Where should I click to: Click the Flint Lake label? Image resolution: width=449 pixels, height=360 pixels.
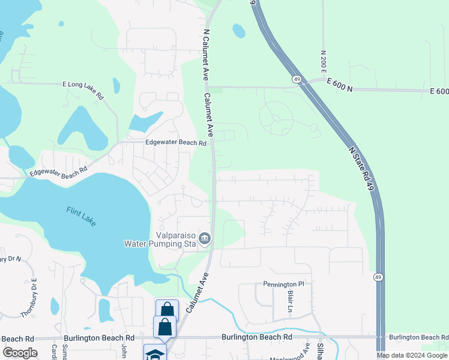pos(81,216)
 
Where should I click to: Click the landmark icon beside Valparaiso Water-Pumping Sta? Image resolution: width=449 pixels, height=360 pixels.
pos(205,239)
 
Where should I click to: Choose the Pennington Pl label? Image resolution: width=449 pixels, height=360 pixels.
pos(284,284)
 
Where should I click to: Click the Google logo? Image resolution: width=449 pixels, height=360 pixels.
pos(20,353)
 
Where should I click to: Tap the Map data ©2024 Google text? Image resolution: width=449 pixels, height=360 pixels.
pos(412,355)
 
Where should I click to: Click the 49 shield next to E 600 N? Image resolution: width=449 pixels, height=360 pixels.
pos(297,79)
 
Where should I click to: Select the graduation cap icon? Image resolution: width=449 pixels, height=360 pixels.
pos(154,354)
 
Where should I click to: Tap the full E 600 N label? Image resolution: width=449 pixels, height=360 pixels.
pos(337,89)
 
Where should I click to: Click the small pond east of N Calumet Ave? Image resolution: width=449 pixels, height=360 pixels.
pos(239,31)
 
